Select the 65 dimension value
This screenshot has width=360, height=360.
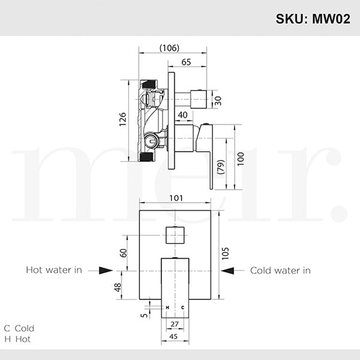point(186,62)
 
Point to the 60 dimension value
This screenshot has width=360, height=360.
point(124,252)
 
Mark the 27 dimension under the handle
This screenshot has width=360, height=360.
point(174,325)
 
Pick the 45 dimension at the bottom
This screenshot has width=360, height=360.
point(174,336)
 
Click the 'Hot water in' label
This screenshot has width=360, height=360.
point(54,271)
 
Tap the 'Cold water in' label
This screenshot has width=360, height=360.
point(280,271)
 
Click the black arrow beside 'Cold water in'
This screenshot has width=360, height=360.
point(227,271)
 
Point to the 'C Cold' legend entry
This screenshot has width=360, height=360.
point(19,328)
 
